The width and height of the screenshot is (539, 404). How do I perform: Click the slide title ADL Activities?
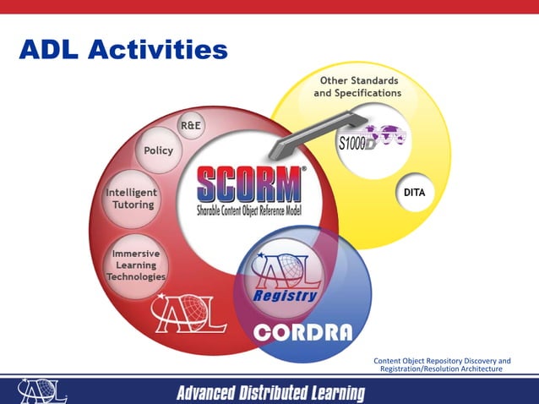point(123,50)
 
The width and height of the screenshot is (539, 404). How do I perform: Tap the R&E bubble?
point(190,126)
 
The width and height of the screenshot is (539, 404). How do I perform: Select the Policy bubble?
point(158,150)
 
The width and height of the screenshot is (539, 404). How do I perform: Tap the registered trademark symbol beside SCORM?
point(305,169)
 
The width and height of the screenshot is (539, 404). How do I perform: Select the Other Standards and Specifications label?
point(357,86)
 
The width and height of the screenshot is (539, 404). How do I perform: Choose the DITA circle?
point(414,193)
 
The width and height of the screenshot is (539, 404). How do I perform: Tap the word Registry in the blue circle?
point(286,296)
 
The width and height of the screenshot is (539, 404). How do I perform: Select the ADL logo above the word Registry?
point(287,270)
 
